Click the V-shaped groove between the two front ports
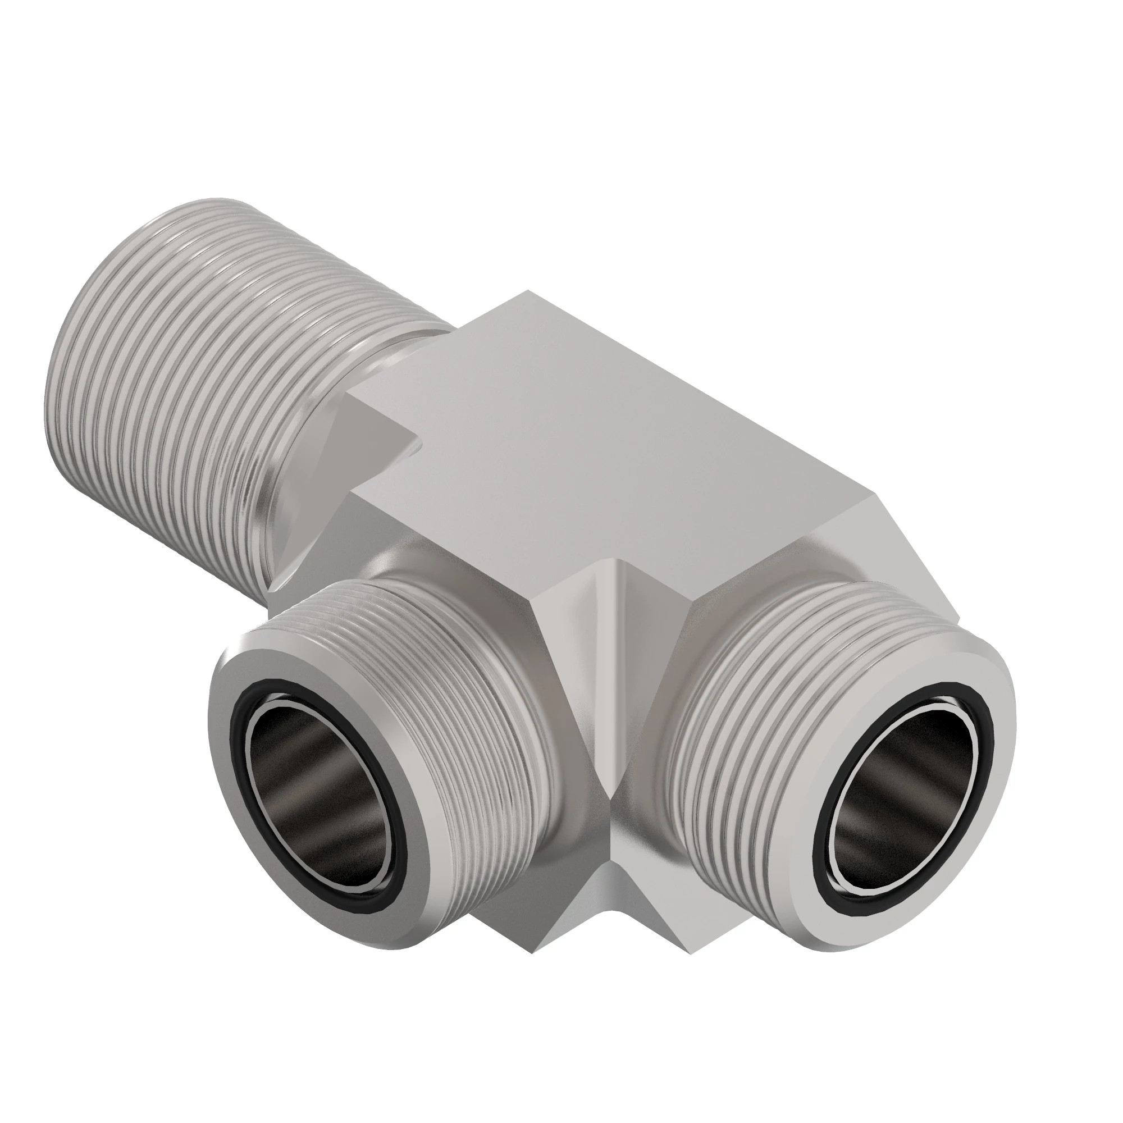[x=616, y=697]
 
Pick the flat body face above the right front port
[x=814, y=552]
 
